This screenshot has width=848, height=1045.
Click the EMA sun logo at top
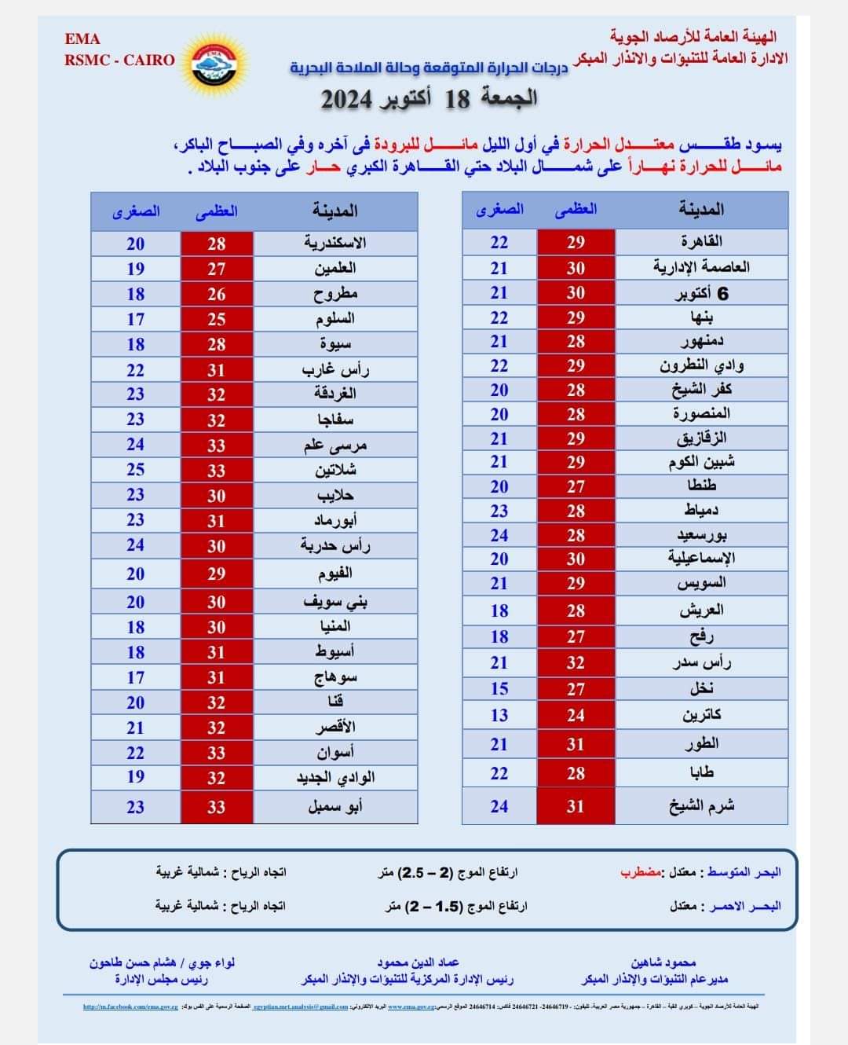(214, 61)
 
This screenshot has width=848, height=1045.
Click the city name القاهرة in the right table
(701, 241)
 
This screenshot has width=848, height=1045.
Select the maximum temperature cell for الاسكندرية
(217, 244)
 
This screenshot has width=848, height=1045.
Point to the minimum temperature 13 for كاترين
(499, 715)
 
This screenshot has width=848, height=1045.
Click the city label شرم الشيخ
(701, 806)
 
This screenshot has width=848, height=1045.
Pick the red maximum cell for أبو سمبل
(217, 807)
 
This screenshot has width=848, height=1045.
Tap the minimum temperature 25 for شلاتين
(136, 470)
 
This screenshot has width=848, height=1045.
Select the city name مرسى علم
(335, 445)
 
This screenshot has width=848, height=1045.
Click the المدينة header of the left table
(335, 211)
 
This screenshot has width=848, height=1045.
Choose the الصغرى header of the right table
(499, 210)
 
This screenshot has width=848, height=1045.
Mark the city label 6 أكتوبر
(701, 293)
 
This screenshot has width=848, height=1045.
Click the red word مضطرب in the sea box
(641, 872)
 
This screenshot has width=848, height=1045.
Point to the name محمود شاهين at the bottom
(663, 962)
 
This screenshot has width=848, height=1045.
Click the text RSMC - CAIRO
(119, 60)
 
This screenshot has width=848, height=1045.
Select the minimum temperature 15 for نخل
(499, 688)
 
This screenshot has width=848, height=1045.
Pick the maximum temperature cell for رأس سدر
(576, 662)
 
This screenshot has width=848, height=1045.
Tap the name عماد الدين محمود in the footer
(418, 962)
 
